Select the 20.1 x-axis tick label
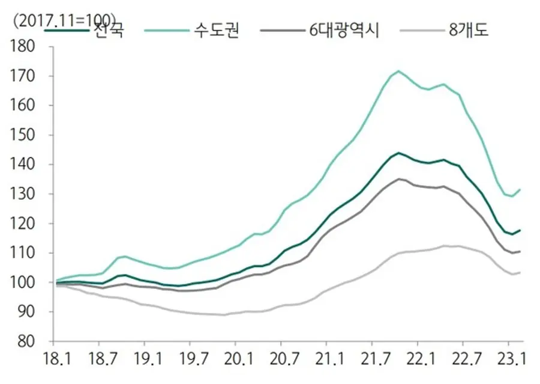point(237,360)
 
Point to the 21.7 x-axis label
point(373,360)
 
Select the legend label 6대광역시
point(344,29)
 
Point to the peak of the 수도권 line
point(398,71)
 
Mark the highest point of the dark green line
point(398,153)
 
